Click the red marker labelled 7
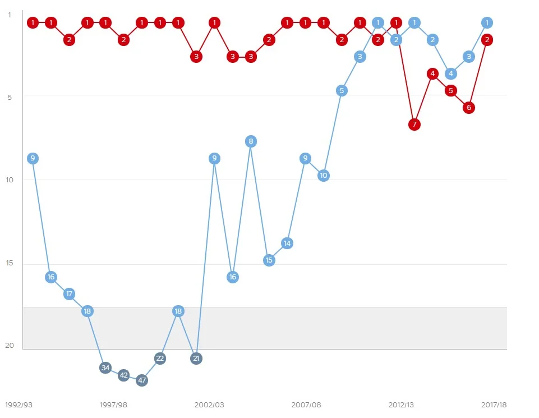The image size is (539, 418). (x=414, y=124)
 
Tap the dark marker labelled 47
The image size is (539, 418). (x=142, y=380)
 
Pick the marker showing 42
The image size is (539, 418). (x=124, y=375)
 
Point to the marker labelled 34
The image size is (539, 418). (x=105, y=368)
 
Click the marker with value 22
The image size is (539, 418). (x=160, y=358)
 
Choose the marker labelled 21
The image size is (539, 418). (x=196, y=358)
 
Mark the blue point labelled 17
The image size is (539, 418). (x=69, y=293)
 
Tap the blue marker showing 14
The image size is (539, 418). (x=287, y=243)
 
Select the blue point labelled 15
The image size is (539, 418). (x=269, y=260)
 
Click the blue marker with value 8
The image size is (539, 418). (x=251, y=141)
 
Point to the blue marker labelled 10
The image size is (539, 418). (x=324, y=175)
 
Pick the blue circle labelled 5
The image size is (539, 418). (x=342, y=90)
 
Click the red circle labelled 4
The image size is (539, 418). (x=432, y=74)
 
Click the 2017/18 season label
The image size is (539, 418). (x=494, y=405)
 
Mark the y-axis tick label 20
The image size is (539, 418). (x=10, y=346)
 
